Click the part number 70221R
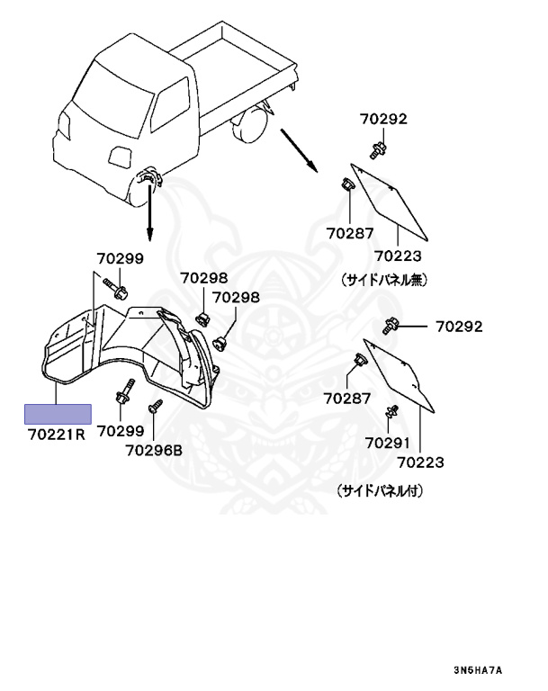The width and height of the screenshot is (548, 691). coord(56,435)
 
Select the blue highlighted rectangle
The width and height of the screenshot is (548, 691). coord(57,414)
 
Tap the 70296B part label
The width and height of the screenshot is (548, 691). coord(154,451)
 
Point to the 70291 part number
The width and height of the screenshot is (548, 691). coord(387,443)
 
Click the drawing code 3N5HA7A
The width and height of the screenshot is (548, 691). coord(478,671)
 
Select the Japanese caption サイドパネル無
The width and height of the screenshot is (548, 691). coord(382,280)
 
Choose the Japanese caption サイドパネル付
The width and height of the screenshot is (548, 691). coord(380,492)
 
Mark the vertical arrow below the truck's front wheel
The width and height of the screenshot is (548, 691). coord(149,211)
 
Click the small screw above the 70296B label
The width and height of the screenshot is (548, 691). coord(155,408)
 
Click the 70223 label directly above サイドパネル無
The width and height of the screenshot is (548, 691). coord(397,256)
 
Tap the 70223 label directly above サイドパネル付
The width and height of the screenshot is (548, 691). coord(422,462)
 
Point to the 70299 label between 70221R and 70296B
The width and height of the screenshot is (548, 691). coord(120,432)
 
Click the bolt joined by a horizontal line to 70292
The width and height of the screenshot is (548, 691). coord(392,326)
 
